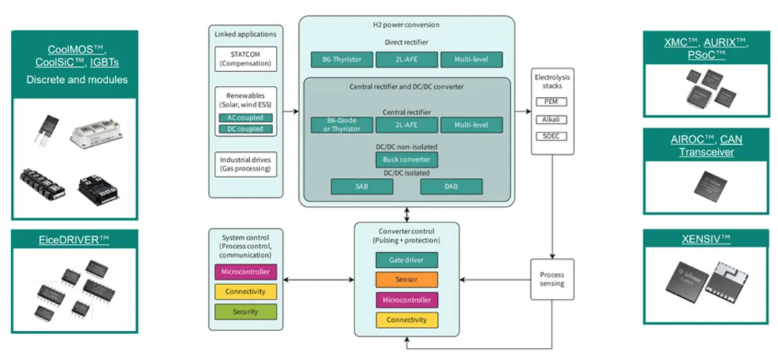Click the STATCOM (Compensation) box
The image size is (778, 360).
246,58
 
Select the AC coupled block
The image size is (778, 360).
246,117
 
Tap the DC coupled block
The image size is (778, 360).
246,129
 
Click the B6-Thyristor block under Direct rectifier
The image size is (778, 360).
340,59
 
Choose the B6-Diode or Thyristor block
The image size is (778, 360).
340,125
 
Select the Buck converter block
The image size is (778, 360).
407,159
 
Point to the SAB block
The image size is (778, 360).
362,186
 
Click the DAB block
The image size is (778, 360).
451,186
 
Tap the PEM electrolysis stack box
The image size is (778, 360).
552,102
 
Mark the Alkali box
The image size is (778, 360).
552,118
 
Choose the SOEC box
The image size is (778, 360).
552,135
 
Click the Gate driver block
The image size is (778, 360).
406,259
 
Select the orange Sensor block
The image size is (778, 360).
406,279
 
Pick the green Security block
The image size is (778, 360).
246,311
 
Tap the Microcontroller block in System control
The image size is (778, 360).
246,271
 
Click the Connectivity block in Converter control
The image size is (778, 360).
406,319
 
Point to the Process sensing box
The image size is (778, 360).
552,279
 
